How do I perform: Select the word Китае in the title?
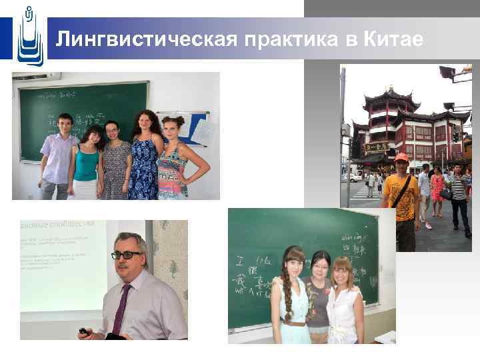(x=394, y=39)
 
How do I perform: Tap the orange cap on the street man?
(x=401, y=157)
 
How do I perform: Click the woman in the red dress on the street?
(x=437, y=190)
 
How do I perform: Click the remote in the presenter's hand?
(x=83, y=331)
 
